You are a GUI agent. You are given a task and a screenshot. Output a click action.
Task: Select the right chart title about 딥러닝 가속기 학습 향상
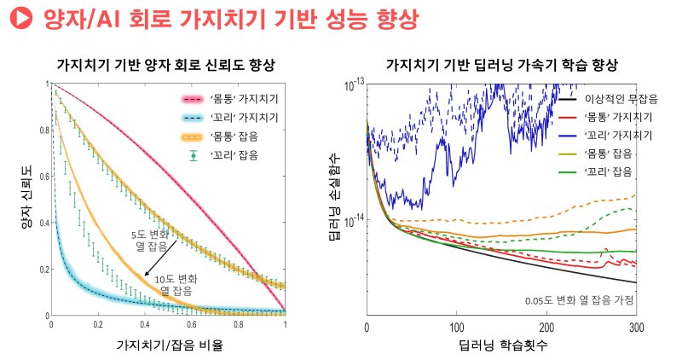[501, 65]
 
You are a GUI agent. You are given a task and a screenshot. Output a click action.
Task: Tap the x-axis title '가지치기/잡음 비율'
[168, 347]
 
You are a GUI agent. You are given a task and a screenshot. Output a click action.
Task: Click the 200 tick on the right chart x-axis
[546, 328]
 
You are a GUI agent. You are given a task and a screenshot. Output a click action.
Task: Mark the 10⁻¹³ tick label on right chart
[352, 84]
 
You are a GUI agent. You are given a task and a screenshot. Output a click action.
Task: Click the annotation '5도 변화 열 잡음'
[150, 240]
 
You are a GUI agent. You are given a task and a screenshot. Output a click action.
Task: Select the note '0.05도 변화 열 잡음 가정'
[579, 300]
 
